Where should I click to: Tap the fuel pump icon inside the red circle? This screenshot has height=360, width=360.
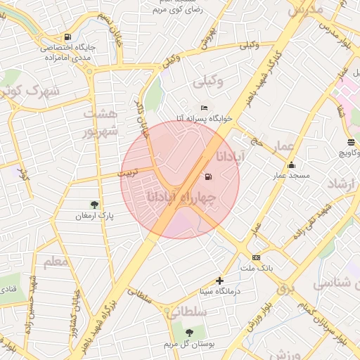207,176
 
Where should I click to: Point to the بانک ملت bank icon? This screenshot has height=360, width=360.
256,257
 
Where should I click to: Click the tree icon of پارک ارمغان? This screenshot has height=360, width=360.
94,205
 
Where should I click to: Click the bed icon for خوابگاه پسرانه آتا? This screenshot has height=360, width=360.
204,108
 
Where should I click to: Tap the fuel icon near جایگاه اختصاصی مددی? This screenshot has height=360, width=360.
67,37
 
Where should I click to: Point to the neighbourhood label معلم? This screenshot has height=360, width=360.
56,262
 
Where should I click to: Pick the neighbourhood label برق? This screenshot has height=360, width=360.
284,288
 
